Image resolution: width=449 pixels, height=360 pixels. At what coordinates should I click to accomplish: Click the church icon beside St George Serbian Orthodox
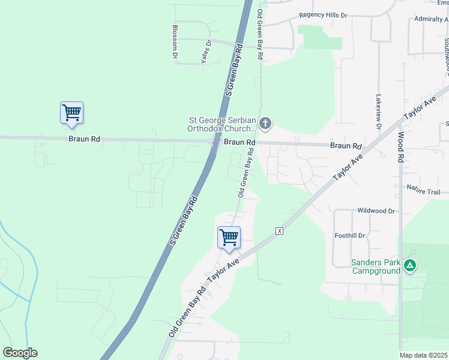click(x=265, y=125)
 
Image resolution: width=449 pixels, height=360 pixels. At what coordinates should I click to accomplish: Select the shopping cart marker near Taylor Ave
click(x=229, y=238)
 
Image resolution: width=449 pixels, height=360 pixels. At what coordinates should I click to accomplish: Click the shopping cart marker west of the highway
click(x=71, y=113)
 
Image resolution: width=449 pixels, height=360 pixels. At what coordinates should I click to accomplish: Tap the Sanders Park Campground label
click(x=376, y=267)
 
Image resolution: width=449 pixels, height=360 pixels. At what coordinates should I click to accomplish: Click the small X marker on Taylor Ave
click(x=279, y=231)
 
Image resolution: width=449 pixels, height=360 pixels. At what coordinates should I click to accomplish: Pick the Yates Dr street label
click(x=206, y=52)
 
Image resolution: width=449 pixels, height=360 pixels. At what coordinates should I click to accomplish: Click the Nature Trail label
click(x=424, y=192)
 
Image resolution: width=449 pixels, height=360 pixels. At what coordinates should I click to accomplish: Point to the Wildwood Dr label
click(x=376, y=211)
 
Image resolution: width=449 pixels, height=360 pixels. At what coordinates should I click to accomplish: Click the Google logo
click(x=20, y=352)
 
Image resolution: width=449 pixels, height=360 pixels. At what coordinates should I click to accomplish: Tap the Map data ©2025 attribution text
click(x=423, y=355)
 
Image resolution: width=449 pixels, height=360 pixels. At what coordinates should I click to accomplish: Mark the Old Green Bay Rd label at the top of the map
click(x=261, y=34)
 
